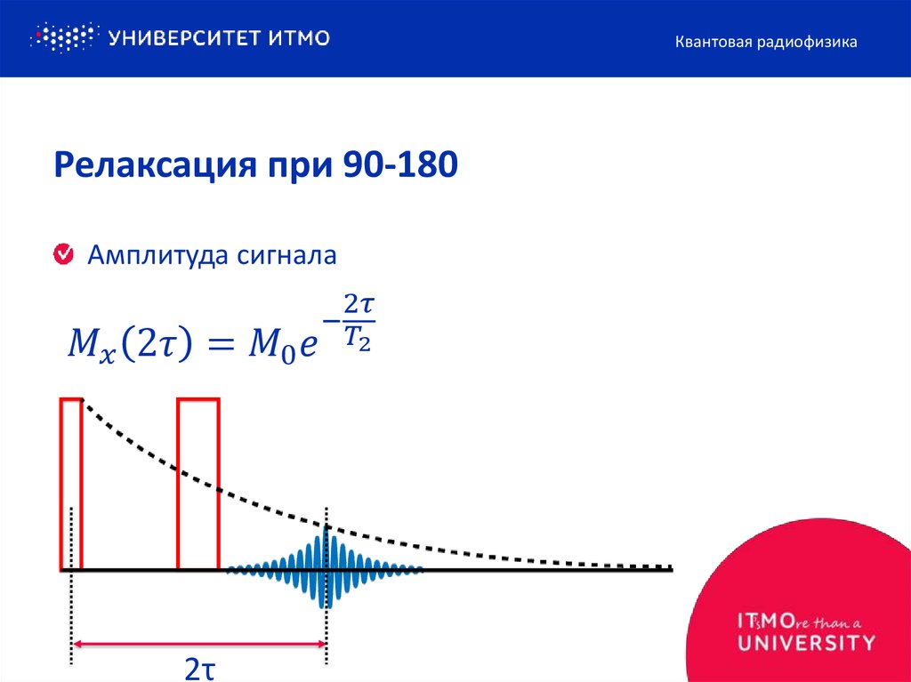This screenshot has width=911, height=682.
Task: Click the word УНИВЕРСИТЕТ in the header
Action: coord(183,37)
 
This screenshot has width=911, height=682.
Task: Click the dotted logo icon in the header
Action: coord(62,37)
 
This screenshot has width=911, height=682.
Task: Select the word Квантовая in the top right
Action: coord(711,42)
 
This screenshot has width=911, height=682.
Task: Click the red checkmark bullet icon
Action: coord(64,255)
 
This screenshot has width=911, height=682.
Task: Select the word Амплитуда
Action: coord(158,256)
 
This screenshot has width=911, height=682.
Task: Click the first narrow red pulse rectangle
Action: coord(71,485)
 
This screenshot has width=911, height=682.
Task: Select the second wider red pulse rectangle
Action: coord(198,485)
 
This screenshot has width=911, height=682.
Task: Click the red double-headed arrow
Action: coord(200,643)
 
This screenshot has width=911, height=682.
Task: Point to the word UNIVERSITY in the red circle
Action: coord(806,642)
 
